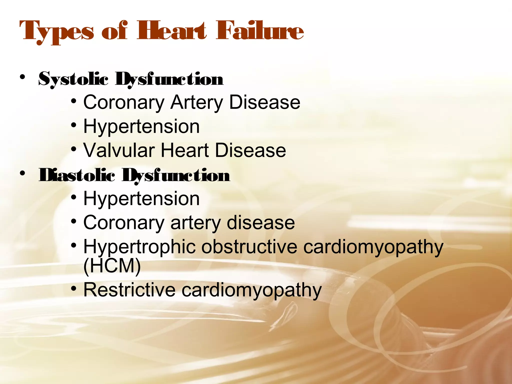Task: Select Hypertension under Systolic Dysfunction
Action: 141,126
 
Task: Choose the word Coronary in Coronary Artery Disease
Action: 124,102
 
